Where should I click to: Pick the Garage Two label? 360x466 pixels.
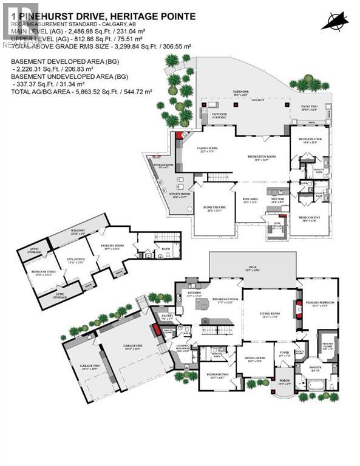[x=89, y=365]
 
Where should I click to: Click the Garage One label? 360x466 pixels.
[x=128, y=348]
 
